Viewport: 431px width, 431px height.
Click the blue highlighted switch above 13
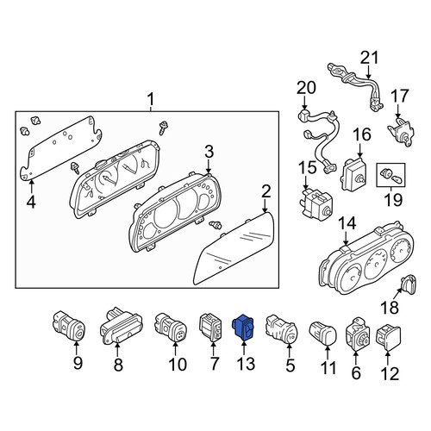pyautogui.click(x=243, y=328)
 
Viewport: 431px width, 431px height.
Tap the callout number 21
pyautogui.click(x=370, y=58)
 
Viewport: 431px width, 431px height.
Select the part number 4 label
pyautogui.click(x=31, y=202)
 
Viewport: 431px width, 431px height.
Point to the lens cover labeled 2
pyautogui.click(x=234, y=248)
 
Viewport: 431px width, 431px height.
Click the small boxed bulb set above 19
pyautogui.click(x=390, y=175)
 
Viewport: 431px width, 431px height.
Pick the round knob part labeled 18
pyautogui.click(x=409, y=284)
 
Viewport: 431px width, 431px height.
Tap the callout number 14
pyautogui.click(x=347, y=223)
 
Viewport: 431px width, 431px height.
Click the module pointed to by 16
pyautogui.click(x=354, y=173)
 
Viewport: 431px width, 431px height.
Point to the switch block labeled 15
pyautogui.click(x=317, y=203)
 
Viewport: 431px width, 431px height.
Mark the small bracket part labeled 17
pyautogui.click(x=401, y=131)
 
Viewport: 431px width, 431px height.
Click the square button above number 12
pyautogui.click(x=389, y=338)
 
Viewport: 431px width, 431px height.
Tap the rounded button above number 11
pyautogui.click(x=322, y=333)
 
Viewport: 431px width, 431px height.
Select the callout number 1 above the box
pyautogui.click(x=151, y=100)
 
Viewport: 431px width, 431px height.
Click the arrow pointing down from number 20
pyautogui.click(x=305, y=103)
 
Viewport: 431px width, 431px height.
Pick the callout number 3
pyautogui.click(x=209, y=152)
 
